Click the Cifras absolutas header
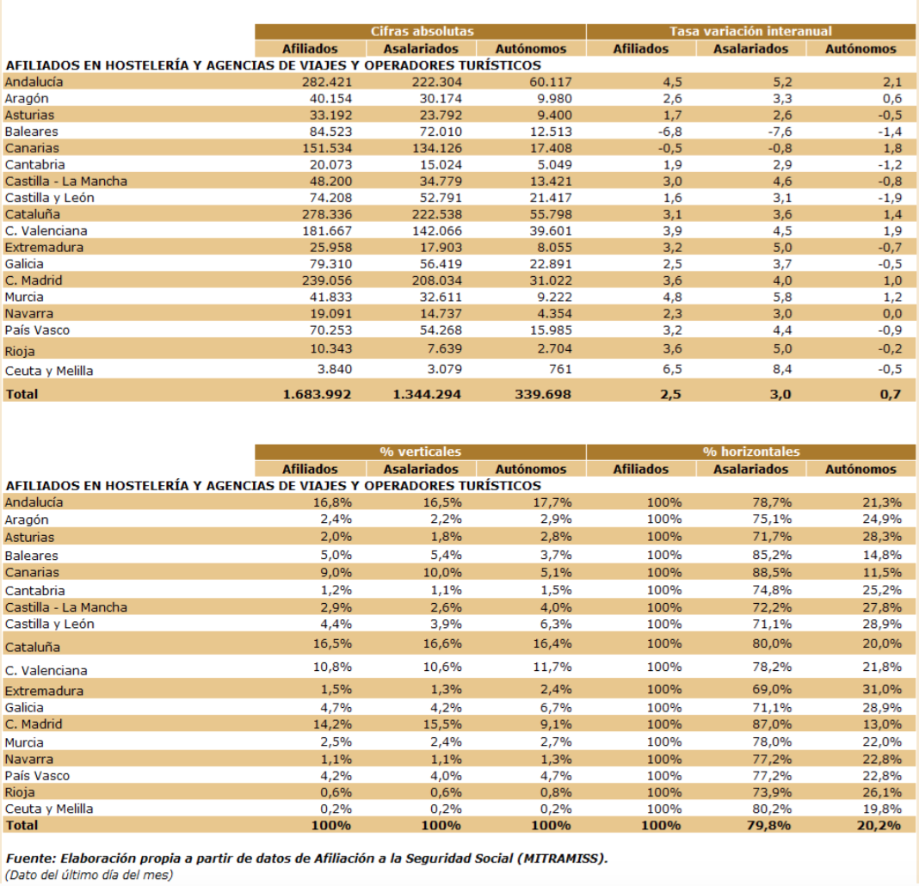(421, 31)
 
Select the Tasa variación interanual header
(751, 31)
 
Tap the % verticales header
(421, 452)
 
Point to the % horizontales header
(751, 452)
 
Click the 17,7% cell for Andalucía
(552, 502)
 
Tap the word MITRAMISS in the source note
(562, 859)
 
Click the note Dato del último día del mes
(89, 876)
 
